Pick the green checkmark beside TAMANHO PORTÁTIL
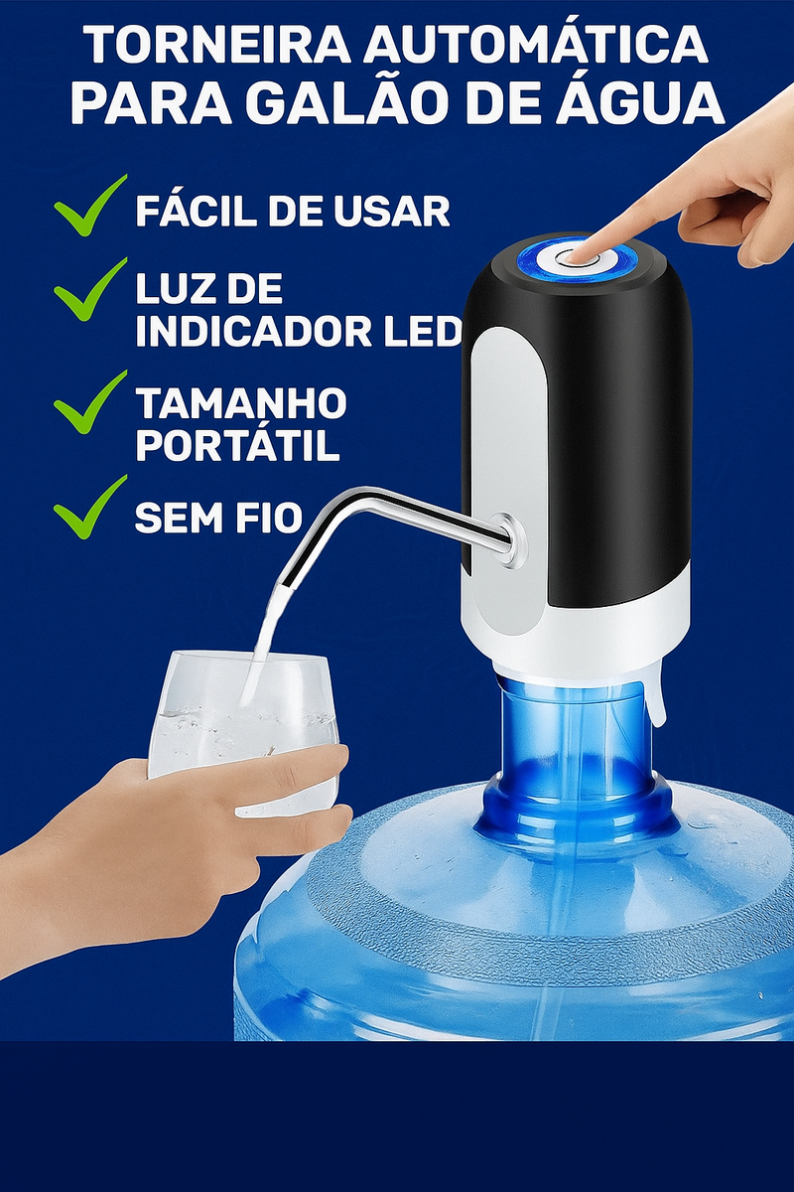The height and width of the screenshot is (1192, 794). point(89,403)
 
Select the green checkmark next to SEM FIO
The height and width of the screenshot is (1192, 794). point(89,508)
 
